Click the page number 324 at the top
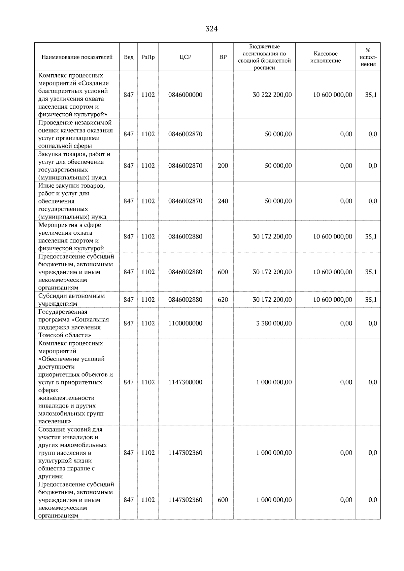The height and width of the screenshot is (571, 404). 211,29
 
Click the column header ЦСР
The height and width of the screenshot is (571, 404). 185,57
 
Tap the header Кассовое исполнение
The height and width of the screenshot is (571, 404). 325,57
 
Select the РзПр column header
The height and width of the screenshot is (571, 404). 148,57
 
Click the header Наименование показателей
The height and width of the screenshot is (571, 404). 77,57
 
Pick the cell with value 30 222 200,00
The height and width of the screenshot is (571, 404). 272,95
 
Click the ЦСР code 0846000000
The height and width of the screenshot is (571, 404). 185,95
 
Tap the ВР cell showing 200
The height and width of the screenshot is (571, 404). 223,166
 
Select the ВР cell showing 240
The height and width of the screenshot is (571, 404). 223,201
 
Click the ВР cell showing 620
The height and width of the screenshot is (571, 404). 223,300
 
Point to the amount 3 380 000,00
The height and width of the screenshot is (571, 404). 274,323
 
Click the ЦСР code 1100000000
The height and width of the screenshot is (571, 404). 185,323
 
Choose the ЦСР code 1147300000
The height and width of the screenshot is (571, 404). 185,382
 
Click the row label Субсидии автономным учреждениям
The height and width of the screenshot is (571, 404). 71,300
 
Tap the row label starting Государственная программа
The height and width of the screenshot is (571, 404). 73,323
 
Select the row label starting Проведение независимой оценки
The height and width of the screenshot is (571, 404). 75,134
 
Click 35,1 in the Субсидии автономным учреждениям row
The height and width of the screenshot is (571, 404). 371,300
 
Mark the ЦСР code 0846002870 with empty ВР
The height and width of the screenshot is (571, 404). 185,134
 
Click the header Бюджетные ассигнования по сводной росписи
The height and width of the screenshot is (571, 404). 264,57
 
